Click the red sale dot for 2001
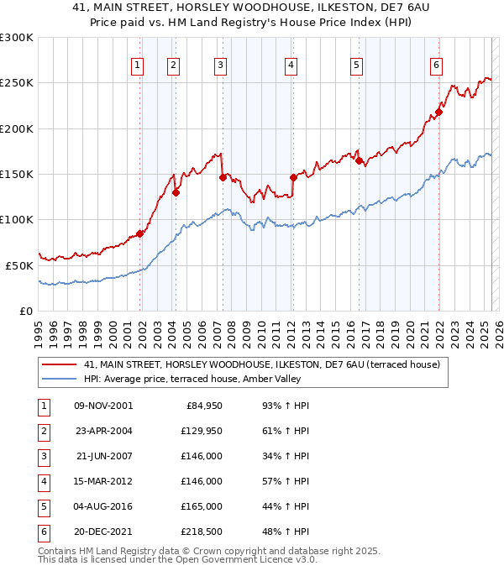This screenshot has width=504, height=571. tap(140, 233)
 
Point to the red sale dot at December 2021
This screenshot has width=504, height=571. tap(438, 112)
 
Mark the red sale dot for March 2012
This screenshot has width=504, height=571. tap(293, 177)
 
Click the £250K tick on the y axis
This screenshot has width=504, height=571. tap(17, 83)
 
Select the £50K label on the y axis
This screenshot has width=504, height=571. tap(19, 265)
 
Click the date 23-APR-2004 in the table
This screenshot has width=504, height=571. tap(104, 431)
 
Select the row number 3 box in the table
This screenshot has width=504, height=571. tap(43, 456)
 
